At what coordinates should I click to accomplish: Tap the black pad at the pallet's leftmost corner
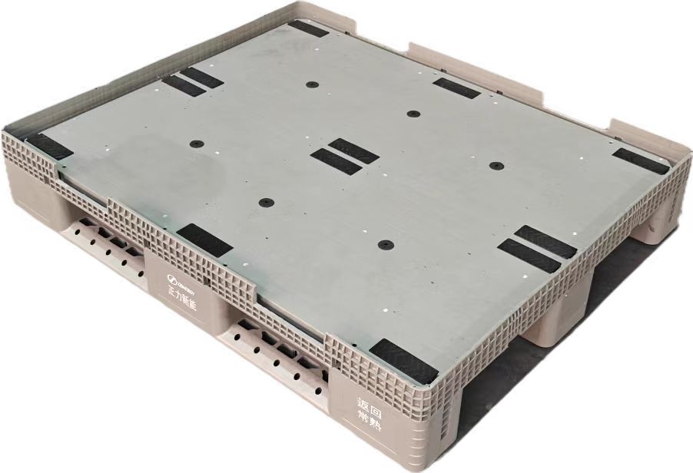tap(49, 145)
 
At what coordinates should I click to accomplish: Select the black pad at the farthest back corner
tap(307, 28)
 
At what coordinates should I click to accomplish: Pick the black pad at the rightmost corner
tap(640, 160)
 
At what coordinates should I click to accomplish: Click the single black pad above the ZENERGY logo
tap(204, 240)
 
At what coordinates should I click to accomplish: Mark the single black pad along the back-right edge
tap(456, 88)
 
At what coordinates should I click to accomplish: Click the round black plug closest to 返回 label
tap(386, 246)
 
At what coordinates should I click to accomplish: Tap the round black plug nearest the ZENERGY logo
tap(266, 203)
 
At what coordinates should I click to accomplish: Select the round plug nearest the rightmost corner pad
tap(496, 165)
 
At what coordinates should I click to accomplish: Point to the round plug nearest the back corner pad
tap(312, 84)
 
